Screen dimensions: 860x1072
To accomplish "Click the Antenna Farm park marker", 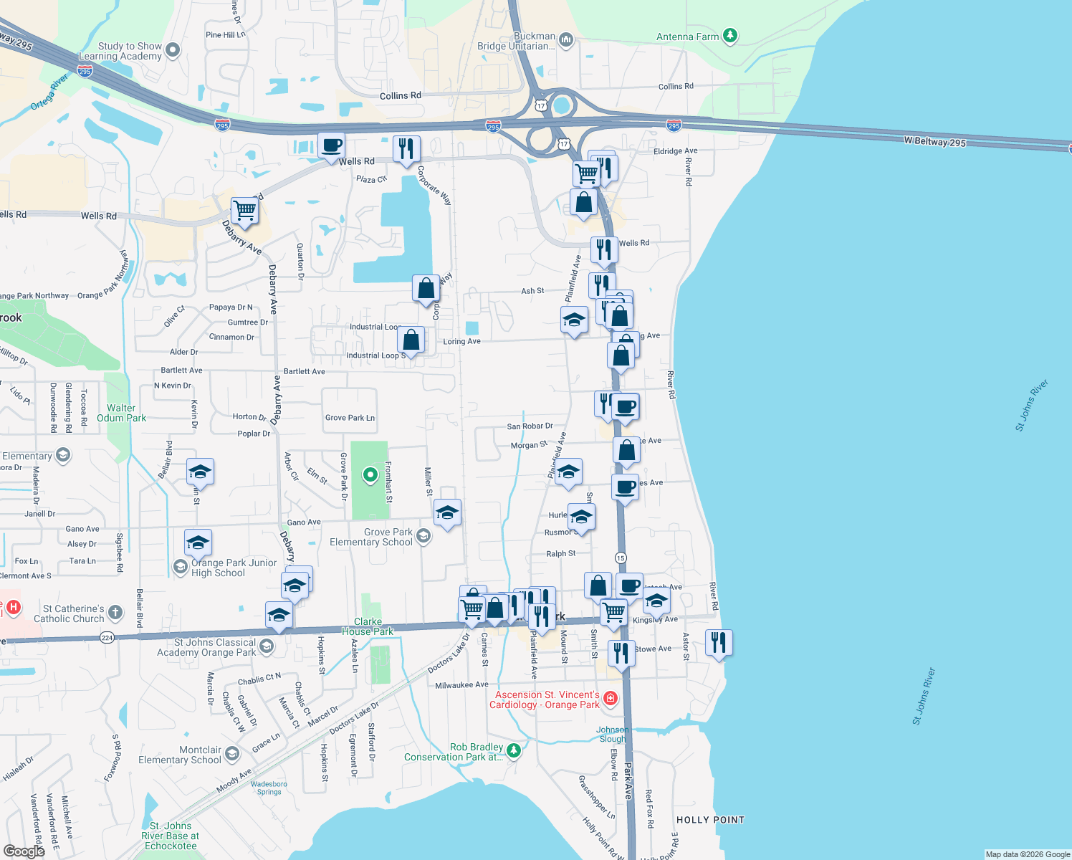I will tap(729, 36).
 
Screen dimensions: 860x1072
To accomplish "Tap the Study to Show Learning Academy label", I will tap(120, 51).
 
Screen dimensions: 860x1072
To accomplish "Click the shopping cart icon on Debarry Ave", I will tap(244, 211).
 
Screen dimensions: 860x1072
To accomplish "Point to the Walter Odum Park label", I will tap(121, 413).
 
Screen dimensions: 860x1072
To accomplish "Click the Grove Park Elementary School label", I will tap(371, 537).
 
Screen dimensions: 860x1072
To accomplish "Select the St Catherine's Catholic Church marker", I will tap(115, 613).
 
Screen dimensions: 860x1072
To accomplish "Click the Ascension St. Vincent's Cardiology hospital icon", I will tap(611, 698).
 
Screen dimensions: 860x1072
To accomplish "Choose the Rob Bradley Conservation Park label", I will tap(454, 752).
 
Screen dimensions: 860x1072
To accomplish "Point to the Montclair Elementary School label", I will tap(180, 755).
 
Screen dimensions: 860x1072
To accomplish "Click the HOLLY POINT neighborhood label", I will tap(710, 820).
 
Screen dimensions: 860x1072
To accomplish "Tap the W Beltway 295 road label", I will tap(934, 142).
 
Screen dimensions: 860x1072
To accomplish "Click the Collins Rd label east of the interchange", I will tap(676, 87).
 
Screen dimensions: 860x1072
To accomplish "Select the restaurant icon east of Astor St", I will tap(718, 643).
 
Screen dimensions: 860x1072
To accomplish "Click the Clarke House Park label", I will tap(368, 626).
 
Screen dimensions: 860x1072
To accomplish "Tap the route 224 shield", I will tap(107, 637).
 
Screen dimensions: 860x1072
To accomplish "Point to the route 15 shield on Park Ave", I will tap(621, 558).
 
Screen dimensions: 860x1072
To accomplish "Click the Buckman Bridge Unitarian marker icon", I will tap(566, 40).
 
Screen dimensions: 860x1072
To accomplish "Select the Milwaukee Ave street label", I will tap(461, 685).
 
